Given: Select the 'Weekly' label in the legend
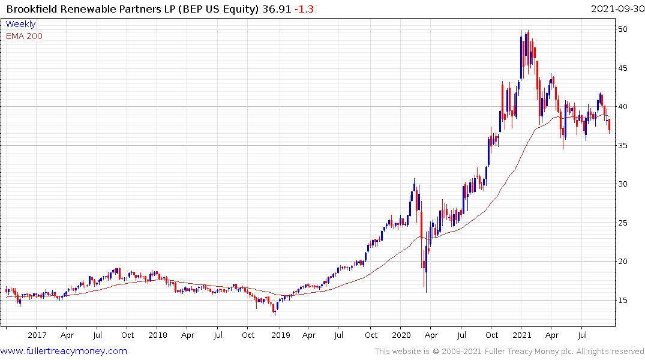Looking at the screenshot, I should [x=20, y=25].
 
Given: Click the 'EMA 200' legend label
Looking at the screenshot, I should [x=24, y=36].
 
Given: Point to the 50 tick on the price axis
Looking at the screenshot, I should [x=623, y=29].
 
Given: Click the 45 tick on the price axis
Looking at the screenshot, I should [x=623, y=68].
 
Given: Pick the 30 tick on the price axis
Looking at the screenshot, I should [x=623, y=184].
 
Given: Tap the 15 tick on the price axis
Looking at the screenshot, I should [x=623, y=300].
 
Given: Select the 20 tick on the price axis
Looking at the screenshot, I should [x=623, y=262].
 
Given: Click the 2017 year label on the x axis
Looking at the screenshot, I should [x=37, y=335].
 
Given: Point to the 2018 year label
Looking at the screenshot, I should [x=158, y=335].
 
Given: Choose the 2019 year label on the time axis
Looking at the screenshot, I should [x=281, y=335].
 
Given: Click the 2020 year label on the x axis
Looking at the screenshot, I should [x=401, y=335].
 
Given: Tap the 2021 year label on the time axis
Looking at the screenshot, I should [x=523, y=335].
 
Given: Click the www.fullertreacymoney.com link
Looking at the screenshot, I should [x=64, y=351].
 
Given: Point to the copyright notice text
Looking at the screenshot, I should [x=509, y=352].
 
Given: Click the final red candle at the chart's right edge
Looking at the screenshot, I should [x=609, y=125].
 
